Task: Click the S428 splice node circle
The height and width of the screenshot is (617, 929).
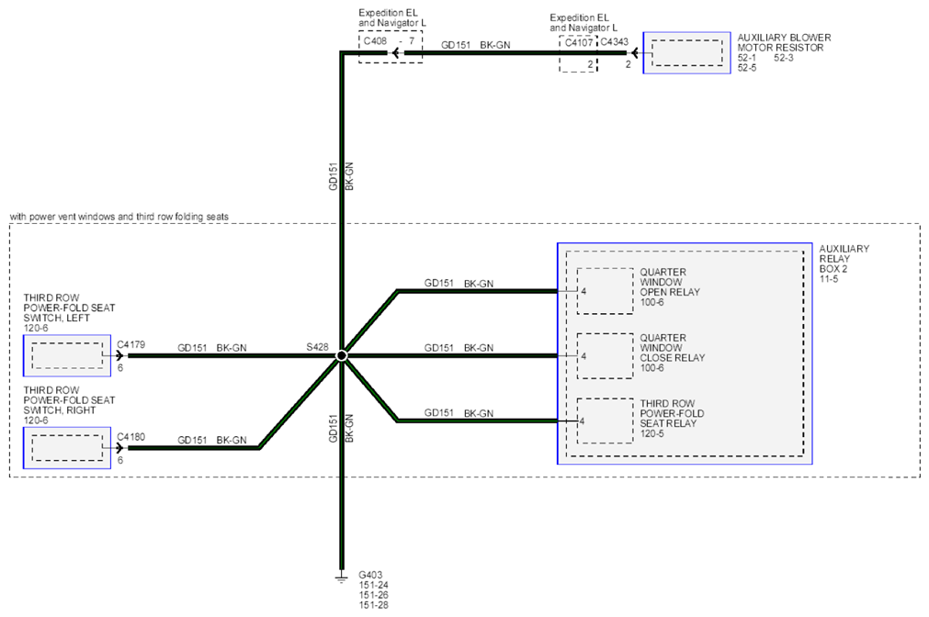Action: pyautogui.click(x=341, y=355)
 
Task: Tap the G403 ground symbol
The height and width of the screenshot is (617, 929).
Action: pyautogui.click(x=341, y=577)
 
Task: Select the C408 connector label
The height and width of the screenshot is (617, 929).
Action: pyautogui.click(x=375, y=40)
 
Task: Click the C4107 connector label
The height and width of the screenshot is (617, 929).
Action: pyautogui.click(x=579, y=42)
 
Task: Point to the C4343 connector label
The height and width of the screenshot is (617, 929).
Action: pyautogui.click(x=615, y=42)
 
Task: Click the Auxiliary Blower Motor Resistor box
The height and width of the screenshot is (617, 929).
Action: pyautogui.click(x=686, y=52)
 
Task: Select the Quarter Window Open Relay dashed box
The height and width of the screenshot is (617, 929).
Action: pyautogui.click(x=605, y=291)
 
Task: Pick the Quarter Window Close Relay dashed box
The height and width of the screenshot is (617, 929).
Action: pyautogui.click(x=605, y=356)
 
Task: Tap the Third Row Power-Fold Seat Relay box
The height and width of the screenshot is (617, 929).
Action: pyautogui.click(x=605, y=421)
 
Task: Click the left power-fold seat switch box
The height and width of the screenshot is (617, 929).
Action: pyautogui.click(x=67, y=355)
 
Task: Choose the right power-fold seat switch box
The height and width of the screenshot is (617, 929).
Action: pyautogui.click(x=67, y=448)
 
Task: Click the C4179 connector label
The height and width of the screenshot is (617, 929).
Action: pyautogui.click(x=130, y=344)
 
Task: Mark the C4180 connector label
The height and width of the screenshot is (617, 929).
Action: pyautogui.click(x=130, y=437)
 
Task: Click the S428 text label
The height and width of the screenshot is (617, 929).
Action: pyautogui.click(x=317, y=347)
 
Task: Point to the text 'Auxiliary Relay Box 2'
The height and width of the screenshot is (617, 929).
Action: pyautogui.click(x=844, y=259)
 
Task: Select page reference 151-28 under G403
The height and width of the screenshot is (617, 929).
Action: pyautogui.click(x=373, y=605)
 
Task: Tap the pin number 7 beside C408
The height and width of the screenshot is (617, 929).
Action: pyautogui.click(x=412, y=40)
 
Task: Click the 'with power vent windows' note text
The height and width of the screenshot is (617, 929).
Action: pyautogui.click(x=119, y=217)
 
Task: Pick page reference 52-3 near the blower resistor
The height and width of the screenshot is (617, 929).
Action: pyautogui.click(x=783, y=58)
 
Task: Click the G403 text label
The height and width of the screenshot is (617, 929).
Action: pyautogui.click(x=370, y=575)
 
